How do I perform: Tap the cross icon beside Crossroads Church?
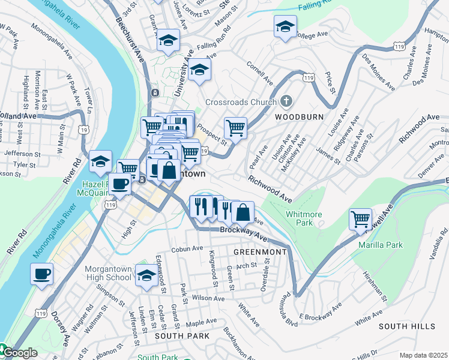(286, 101)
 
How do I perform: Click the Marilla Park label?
(380, 245)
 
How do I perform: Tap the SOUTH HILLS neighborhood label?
(406, 326)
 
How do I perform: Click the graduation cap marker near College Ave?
(285, 26)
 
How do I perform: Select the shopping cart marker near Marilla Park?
(360, 219)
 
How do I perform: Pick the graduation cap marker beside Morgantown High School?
(146, 275)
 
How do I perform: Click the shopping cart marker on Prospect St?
(235, 127)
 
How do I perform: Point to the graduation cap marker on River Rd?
(100, 161)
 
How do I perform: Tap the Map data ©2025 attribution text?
(423, 355)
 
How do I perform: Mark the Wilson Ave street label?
(208, 297)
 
